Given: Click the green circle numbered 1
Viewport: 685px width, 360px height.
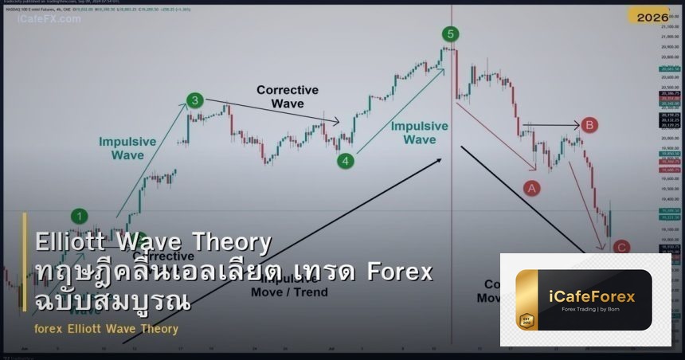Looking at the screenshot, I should (79, 215).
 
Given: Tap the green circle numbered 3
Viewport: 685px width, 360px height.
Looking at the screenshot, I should (195, 100).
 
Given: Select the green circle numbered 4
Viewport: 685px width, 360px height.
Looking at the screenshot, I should (345, 161).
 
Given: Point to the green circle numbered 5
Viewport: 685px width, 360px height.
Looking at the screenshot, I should (451, 33).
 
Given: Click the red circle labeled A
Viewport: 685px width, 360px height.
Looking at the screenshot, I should (531, 188).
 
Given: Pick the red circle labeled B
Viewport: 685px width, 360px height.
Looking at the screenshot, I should (589, 125).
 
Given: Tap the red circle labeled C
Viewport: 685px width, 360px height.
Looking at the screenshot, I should (621, 247).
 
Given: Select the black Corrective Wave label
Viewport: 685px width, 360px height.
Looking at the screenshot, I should (287, 97).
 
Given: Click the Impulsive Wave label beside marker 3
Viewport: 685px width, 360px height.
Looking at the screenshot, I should (127, 148).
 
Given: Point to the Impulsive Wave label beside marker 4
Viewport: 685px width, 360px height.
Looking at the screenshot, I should (419, 132).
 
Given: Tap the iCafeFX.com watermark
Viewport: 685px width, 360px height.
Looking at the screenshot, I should (49, 18).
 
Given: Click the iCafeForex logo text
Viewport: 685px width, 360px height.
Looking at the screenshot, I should (593, 297).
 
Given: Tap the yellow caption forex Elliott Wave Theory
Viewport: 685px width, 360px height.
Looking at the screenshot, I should (107, 329).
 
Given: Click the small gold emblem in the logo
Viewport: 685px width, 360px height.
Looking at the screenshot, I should (526, 321).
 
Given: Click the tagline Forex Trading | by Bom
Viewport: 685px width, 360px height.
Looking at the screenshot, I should (593, 310).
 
